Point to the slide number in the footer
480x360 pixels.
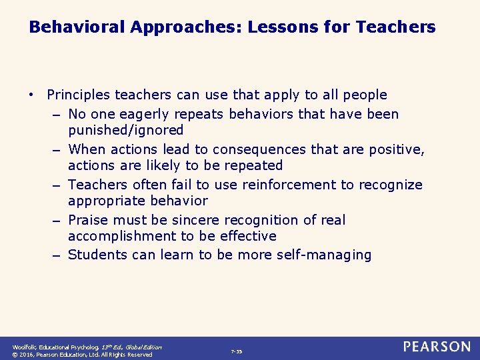[237, 351]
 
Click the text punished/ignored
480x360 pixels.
[126, 130]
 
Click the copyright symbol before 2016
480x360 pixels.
[15, 355]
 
